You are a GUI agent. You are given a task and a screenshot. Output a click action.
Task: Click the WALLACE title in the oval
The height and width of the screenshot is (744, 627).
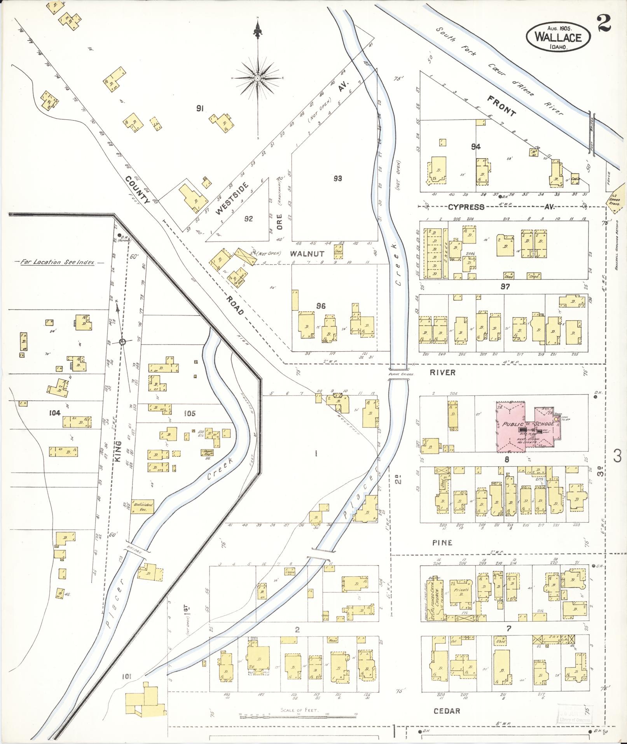coord(558,37)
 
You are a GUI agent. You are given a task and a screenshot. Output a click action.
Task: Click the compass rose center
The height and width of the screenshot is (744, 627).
coord(257,79)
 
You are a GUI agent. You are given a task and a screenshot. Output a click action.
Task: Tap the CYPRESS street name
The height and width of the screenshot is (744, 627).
coord(466,207)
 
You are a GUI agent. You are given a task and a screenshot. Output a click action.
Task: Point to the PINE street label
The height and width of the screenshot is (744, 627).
coord(442,542)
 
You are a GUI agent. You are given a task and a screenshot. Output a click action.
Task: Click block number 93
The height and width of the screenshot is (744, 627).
coord(337,179)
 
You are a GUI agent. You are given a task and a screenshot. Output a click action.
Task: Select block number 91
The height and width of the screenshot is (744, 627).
coord(200,109)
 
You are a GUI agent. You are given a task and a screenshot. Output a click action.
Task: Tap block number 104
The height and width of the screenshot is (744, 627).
coord(55,413)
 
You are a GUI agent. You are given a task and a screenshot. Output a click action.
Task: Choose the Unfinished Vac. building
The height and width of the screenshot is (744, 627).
coord(143,506)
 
